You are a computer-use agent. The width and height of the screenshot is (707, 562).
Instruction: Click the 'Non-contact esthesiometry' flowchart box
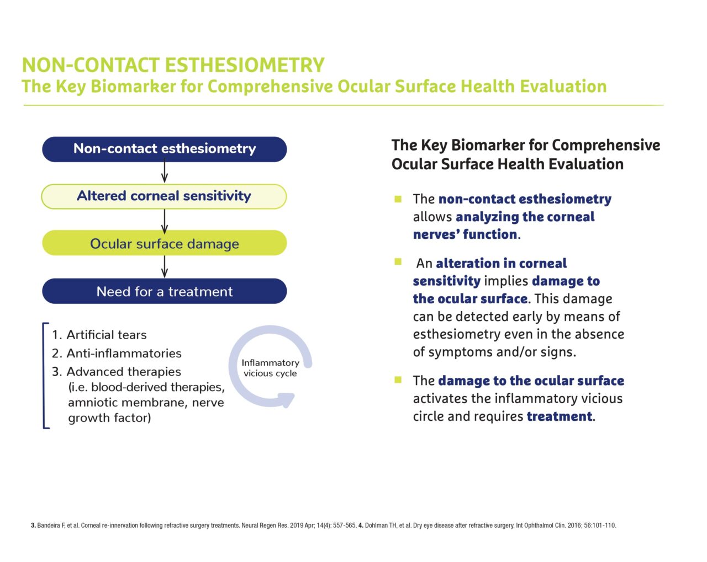pyautogui.click(x=164, y=149)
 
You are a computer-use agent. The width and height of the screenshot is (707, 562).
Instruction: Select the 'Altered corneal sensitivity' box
pyautogui.click(x=164, y=196)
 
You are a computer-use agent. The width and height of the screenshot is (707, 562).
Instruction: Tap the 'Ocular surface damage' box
pyautogui.click(x=164, y=243)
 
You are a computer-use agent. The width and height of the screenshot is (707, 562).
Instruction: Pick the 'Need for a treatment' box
pyautogui.click(x=164, y=291)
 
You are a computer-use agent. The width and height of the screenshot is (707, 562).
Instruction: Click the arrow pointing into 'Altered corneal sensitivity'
pyautogui.click(x=165, y=170)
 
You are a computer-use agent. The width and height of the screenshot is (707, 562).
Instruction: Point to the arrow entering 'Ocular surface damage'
pyautogui.click(x=165, y=222)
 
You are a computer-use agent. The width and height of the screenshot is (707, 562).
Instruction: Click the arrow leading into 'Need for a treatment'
pyautogui.click(x=165, y=267)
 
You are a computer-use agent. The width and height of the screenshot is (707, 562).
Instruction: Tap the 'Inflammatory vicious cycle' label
pyautogui.click(x=271, y=368)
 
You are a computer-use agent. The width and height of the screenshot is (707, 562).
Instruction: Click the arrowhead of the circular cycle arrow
pyautogui.click(x=287, y=400)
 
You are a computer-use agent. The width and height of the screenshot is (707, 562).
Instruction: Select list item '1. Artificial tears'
pyautogui.click(x=99, y=335)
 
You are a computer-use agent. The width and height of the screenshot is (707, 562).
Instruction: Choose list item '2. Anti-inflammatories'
pyautogui.click(x=117, y=354)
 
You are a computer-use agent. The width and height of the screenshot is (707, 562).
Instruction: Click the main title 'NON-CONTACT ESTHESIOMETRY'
pyautogui.click(x=173, y=65)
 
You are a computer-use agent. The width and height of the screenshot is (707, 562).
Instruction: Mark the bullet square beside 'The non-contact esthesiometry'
pyautogui.click(x=398, y=199)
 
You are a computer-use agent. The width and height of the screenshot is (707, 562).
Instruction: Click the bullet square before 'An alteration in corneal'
pyautogui.click(x=398, y=261)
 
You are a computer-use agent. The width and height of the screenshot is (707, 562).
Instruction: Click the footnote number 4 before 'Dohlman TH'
pyautogui.click(x=361, y=525)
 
